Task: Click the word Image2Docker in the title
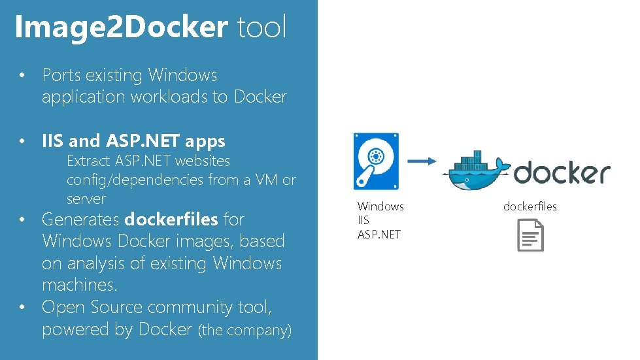(121, 27)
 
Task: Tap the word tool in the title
(261, 27)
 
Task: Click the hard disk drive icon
(376, 161)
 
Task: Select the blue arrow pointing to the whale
(422, 161)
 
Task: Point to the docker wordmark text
(562, 173)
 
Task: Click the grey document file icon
(530, 235)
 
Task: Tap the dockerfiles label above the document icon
(530, 206)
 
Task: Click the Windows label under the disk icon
(380, 206)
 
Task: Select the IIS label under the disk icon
(363, 220)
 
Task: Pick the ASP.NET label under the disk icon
(379, 234)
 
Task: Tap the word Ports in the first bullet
(63, 75)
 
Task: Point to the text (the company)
(244, 331)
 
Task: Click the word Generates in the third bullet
(80, 219)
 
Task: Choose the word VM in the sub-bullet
(265, 180)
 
